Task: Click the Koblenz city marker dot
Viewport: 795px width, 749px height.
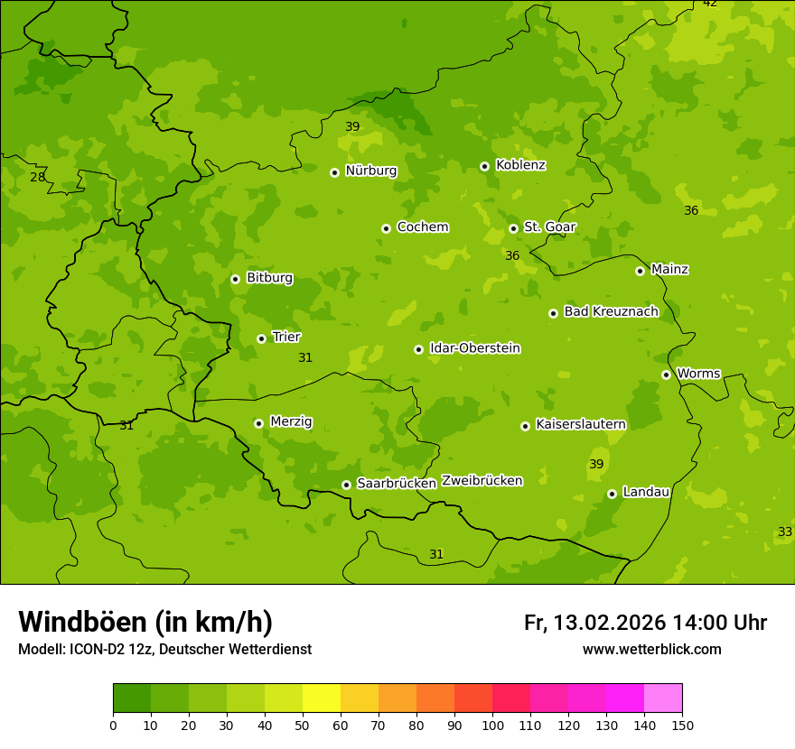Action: (x=484, y=166)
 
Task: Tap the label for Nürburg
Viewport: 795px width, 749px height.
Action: (x=370, y=171)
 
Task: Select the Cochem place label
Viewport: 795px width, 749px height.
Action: (x=422, y=227)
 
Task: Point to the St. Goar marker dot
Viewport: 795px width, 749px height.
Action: (x=513, y=228)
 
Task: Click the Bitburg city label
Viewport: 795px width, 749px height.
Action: (x=269, y=278)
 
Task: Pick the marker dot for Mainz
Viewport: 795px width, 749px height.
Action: (x=640, y=271)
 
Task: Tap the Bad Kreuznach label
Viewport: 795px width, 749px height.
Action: (x=611, y=312)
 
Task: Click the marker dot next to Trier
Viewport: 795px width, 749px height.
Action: (x=261, y=338)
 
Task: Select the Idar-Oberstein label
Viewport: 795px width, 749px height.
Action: (x=474, y=348)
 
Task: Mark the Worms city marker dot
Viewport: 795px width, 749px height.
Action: (x=666, y=374)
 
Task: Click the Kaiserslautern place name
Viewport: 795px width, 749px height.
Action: (x=580, y=424)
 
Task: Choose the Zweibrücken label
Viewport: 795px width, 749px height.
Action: (x=482, y=481)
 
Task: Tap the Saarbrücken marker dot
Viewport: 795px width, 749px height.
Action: (x=346, y=485)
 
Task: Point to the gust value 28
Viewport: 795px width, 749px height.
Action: (x=37, y=177)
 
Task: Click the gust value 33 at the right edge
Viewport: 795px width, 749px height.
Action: (x=784, y=532)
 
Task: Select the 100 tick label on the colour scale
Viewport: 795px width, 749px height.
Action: (x=492, y=725)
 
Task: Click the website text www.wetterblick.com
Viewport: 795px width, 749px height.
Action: (x=651, y=649)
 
